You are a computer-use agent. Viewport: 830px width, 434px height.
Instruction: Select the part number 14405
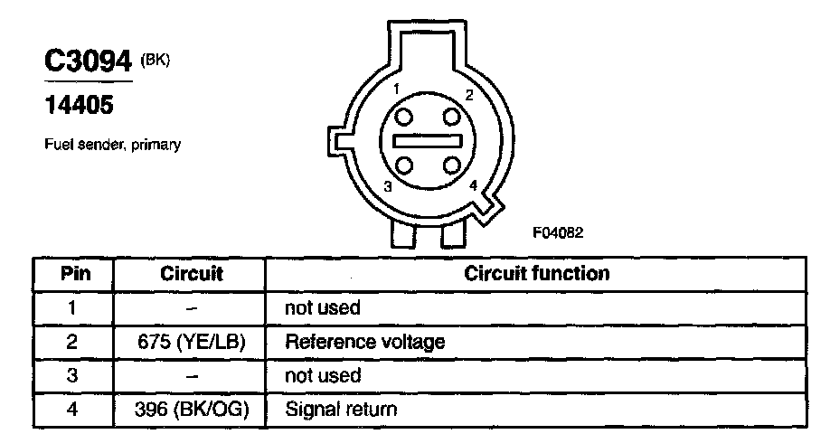pyautogui.click(x=80, y=106)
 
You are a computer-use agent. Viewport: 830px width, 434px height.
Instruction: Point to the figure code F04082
pyautogui.click(x=558, y=231)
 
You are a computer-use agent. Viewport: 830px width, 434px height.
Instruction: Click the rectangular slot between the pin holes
pyautogui.click(x=429, y=141)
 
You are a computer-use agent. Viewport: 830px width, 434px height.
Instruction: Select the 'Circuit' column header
pyautogui.click(x=191, y=273)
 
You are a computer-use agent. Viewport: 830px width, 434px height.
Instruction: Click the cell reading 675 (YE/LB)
pyautogui.click(x=191, y=342)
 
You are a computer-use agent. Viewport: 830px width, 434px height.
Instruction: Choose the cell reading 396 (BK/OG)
pyautogui.click(x=191, y=410)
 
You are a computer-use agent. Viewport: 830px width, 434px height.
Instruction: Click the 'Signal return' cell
pyautogui.click(x=341, y=410)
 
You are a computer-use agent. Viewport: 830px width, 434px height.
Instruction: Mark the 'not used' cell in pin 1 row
pyautogui.click(x=323, y=307)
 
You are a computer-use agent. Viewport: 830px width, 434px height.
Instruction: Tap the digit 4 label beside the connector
pyautogui.click(x=474, y=185)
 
